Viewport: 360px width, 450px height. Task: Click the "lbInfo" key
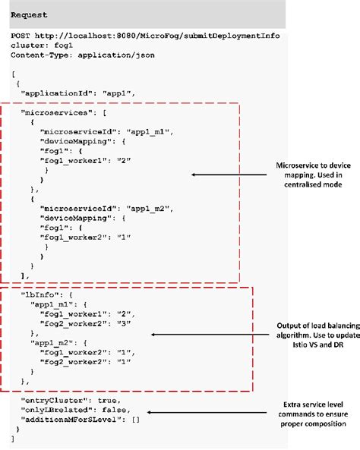coord(39,292)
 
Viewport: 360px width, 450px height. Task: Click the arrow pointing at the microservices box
coord(219,175)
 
